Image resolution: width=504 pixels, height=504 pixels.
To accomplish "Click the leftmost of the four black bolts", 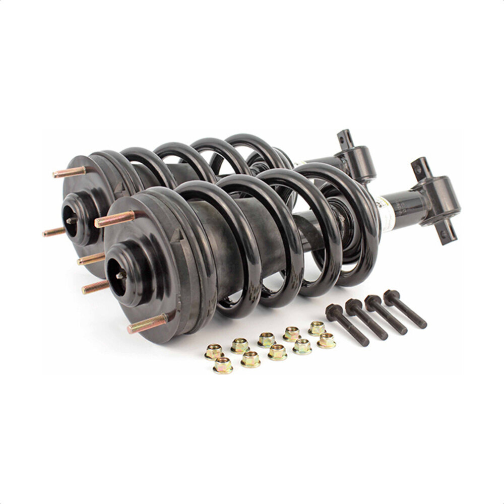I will coord(346,325).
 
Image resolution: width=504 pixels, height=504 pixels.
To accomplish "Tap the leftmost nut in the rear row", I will coord(214,351).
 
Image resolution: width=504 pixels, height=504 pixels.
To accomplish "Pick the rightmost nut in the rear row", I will coord(317,328).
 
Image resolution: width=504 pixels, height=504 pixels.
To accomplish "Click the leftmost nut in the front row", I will coord(223,365).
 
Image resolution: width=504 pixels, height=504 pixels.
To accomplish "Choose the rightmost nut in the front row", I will coord(327,341).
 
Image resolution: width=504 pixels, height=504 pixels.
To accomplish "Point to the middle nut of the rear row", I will coord(266,339).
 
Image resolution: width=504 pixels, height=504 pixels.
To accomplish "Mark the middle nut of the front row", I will coord(277,352).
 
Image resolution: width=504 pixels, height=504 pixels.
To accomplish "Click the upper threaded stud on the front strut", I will coord(115,218).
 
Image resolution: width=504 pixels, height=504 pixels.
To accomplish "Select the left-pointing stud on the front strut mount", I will coord(96,287).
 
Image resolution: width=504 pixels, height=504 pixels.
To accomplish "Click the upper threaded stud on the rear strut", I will coord(70,172).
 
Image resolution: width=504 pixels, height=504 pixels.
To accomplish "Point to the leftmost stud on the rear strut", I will coord(54,232).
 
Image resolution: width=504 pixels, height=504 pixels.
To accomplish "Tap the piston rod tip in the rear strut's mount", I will coord(71,220).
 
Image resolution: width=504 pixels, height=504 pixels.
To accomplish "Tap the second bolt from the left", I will coord(366,319).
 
